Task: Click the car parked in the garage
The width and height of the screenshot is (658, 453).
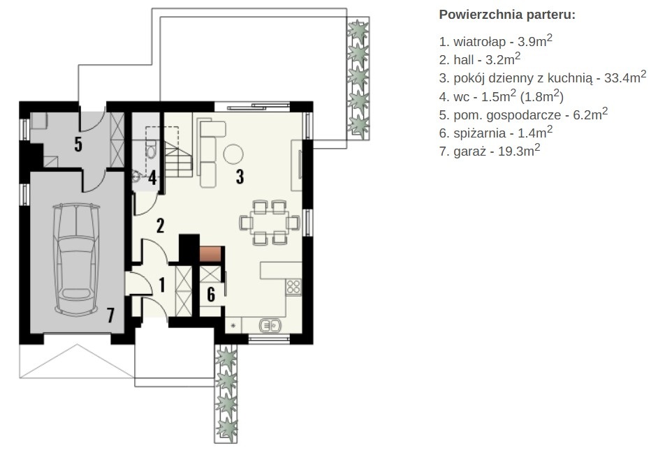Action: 77,259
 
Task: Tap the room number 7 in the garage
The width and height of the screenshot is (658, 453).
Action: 110,315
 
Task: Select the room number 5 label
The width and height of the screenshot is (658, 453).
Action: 78,144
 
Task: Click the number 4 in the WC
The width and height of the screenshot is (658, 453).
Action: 152,178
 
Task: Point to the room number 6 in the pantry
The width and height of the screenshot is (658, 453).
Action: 211,294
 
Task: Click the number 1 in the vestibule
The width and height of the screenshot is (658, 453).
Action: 162,285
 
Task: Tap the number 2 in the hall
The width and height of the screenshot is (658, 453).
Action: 160,225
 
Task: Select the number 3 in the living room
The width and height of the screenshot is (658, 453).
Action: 240,177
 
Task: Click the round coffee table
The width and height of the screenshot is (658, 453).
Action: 233,154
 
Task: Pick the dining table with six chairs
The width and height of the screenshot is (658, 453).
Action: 270,222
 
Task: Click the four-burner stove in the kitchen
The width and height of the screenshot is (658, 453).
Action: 294,288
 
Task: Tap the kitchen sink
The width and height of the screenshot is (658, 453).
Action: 270,326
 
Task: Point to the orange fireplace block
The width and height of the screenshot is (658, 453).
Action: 210,254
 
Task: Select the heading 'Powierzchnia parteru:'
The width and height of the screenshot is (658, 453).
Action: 507,15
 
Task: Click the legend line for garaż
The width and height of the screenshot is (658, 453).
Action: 490,150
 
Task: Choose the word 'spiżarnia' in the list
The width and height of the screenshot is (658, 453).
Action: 480,133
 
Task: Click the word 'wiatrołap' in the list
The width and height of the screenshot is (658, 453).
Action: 480,41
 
